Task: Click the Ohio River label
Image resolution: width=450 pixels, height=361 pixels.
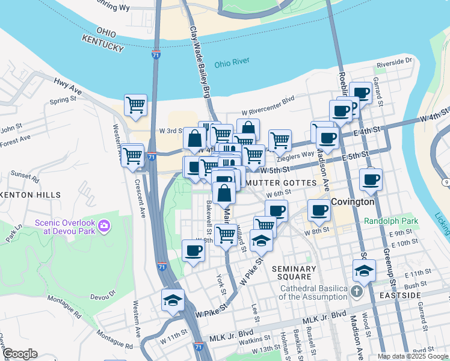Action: click(x=232, y=64)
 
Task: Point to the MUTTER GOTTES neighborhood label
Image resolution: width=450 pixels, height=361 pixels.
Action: click(x=282, y=182)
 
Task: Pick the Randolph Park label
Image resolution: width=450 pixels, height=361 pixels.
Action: click(x=391, y=221)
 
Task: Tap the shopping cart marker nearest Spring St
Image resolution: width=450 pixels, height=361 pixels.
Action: click(x=135, y=105)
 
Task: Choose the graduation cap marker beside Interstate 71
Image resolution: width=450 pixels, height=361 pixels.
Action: click(x=173, y=301)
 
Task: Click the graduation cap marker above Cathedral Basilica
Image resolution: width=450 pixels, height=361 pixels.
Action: click(x=364, y=271)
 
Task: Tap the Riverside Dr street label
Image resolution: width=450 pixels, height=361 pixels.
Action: click(x=394, y=62)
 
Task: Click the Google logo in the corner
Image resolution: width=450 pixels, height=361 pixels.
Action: click(x=20, y=354)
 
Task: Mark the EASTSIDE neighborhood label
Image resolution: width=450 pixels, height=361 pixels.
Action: click(x=400, y=295)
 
